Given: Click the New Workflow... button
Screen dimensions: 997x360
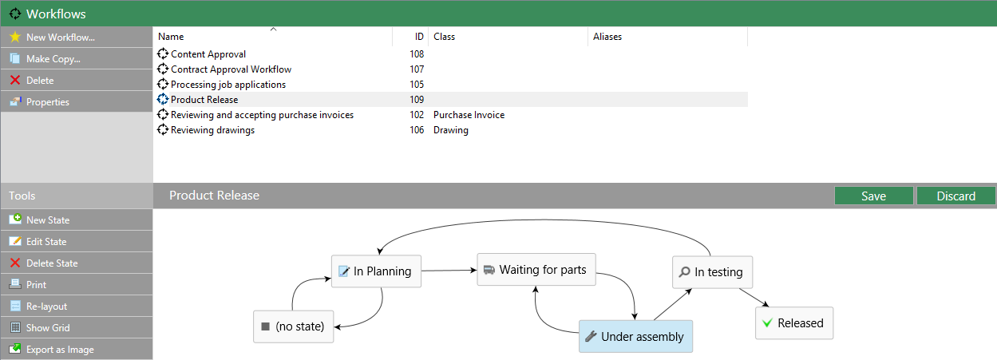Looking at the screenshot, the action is click(77, 38).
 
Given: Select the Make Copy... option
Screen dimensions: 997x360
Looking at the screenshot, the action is click(77, 59).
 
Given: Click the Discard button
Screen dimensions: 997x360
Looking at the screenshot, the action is click(955, 196).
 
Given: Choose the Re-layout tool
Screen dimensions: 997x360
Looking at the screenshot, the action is click(77, 307).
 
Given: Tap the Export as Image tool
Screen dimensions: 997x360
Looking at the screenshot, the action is click(77, 350).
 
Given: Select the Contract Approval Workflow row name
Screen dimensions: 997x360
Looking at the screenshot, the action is click(231, 69).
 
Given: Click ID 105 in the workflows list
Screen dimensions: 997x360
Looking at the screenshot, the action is click(417, 85).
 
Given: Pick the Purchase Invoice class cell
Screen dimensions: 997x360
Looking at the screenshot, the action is click(469, 115).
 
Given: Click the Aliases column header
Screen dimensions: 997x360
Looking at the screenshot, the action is click(607, 37).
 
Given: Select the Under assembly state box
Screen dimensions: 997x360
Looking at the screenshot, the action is click(635, 336).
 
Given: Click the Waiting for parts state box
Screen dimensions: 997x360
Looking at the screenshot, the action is click(536, 270).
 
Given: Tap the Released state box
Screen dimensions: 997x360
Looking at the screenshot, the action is click(794, 323).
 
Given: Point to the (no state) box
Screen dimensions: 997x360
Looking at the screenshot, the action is click(293, 326).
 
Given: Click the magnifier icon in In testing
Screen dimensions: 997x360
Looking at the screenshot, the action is click(685, 271).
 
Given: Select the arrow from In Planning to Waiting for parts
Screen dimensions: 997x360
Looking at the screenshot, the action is click(449, 270).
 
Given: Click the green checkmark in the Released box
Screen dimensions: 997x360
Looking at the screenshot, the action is click(767, 322).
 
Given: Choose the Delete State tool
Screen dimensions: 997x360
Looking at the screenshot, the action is click(77, 263).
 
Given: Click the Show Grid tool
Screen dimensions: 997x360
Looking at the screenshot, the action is click(77, 328).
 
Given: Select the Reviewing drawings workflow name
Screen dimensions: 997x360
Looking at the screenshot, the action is click(213, 130).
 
